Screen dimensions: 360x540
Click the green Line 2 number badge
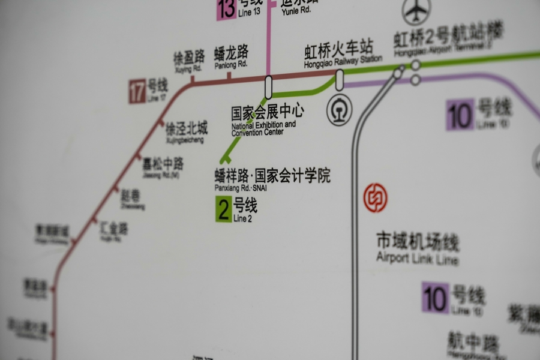pos(223,210)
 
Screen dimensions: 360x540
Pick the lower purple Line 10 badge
pos(435,297)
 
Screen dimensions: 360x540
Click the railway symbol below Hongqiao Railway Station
pos(339,111)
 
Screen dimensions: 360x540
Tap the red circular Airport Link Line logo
pos(376,197)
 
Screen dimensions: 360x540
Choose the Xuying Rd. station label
pos(188,62)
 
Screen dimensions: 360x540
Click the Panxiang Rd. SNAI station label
pos(272,179)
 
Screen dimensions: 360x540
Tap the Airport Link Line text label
pos(418,248)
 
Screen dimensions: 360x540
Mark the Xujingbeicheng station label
pos(186,132)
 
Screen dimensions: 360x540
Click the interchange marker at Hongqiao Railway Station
pos(340,80)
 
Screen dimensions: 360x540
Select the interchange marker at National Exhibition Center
pos(268,86)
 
